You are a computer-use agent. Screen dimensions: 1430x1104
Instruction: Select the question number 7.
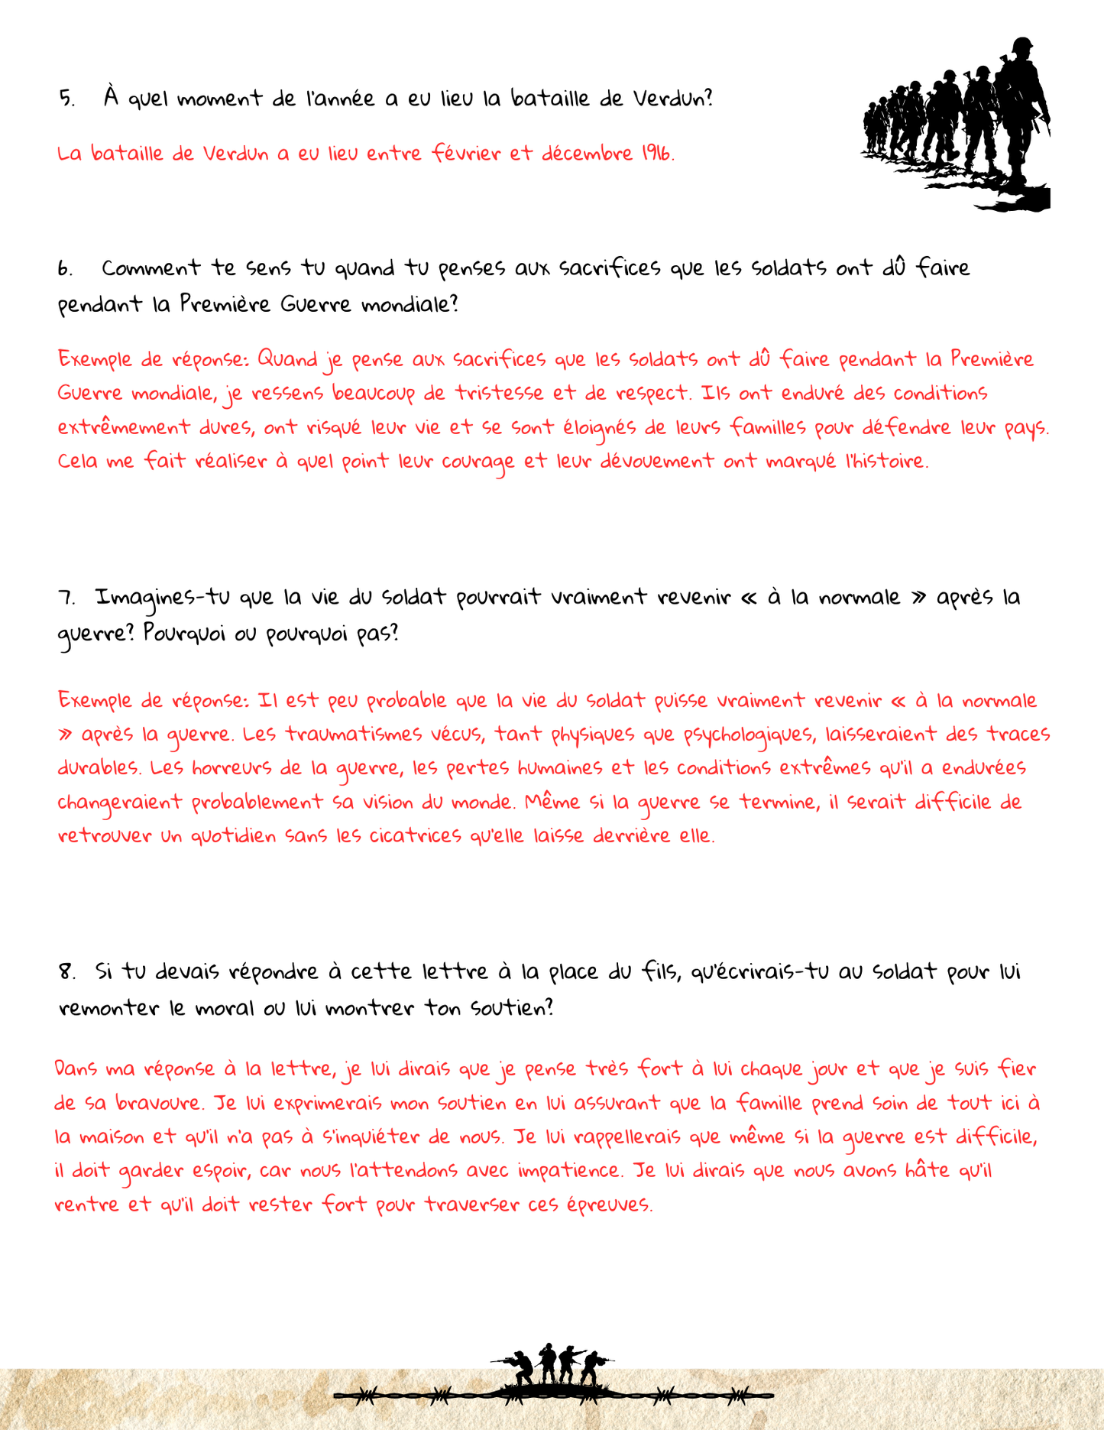coord(66,598)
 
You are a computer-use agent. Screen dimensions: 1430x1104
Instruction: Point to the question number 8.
coord(66,972)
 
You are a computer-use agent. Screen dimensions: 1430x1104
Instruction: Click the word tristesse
coord(500,393)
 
